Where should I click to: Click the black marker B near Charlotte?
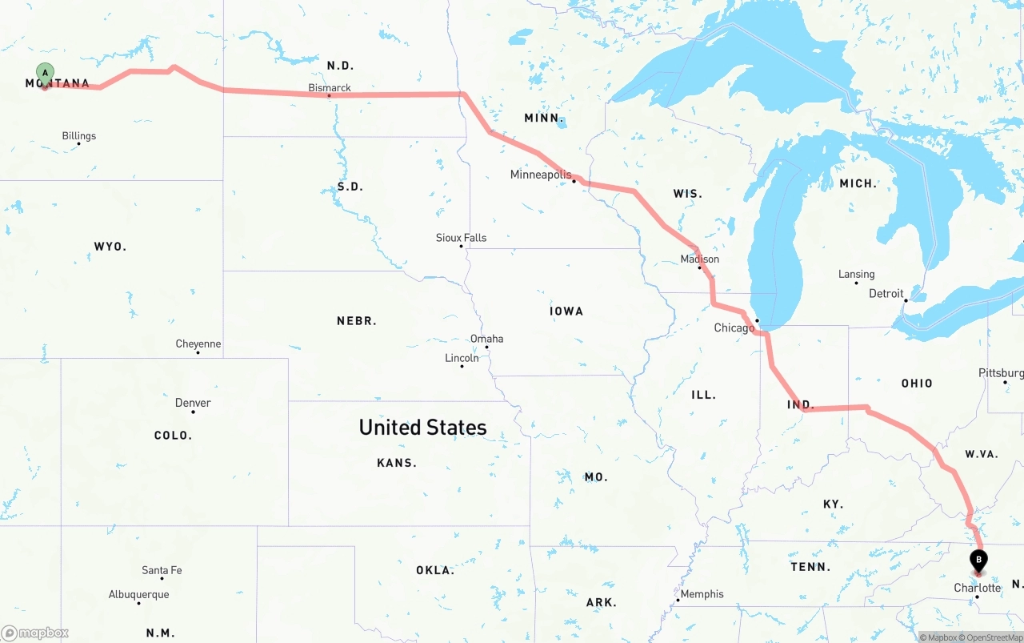pos(978,561)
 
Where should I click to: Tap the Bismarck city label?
pos(330,88)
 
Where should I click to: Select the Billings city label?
pos(79,136)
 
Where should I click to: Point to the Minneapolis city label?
pos(541,175)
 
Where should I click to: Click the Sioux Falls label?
pos(461,238)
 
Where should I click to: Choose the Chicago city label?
pos(734,328)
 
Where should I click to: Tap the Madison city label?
pos(699,259)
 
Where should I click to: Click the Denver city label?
pos(193,403)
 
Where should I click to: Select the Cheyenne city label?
pos(198,344)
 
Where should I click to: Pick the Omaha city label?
pos(486,339)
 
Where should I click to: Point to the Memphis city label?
pos(702,594)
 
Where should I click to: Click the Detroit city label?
pos(886,294)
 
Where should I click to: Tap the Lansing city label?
pos(856,274)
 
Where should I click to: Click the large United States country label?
pos(422,427)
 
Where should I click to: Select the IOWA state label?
pos(566,311)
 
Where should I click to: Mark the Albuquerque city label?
pos(139,595)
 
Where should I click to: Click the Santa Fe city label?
pos(162,570)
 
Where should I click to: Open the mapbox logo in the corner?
pos(35,633)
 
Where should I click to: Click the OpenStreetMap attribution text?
pos(993,637)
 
